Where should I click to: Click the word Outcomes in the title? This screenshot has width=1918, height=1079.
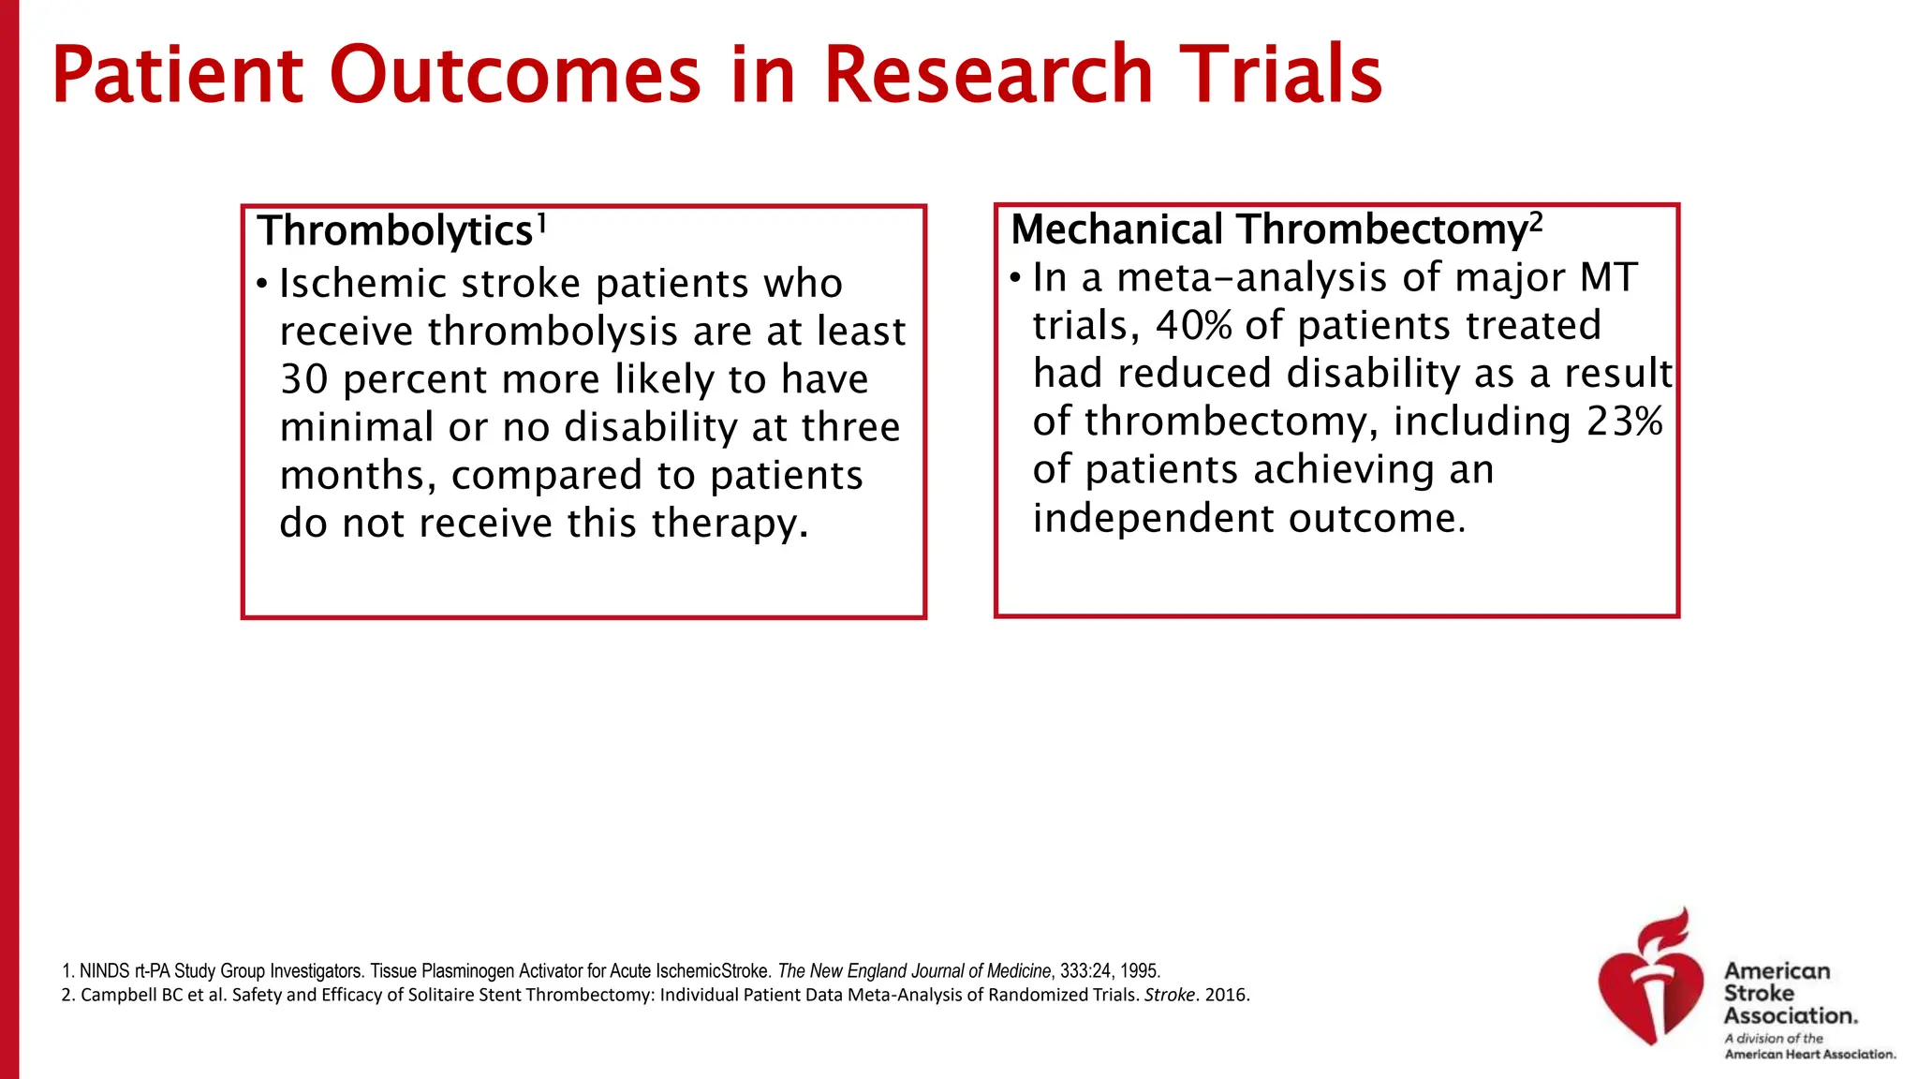tap(514, 75)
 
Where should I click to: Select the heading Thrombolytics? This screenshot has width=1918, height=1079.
tap(395, 231)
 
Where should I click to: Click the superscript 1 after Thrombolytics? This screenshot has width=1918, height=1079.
tap(541, 224)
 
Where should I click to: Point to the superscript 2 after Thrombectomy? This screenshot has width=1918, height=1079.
tap(1536, 222)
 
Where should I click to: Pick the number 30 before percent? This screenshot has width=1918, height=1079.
tap(303, 380)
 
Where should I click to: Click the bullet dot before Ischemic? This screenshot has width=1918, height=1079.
tap(263, 284)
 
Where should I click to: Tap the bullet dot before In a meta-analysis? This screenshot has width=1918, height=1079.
tap(1016, 278)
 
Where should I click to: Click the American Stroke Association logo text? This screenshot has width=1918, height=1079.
tap(1790, 994)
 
